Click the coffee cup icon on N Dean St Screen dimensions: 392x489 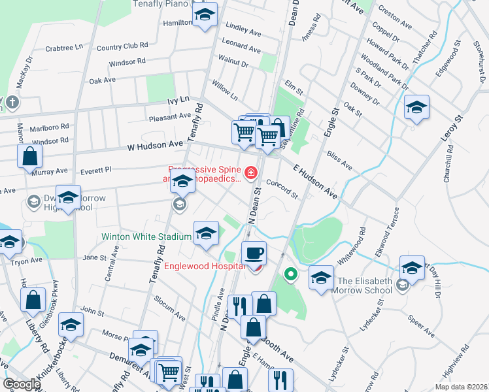point(253,252)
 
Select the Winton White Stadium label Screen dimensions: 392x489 point(145,236)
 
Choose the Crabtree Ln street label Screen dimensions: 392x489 point(64,48)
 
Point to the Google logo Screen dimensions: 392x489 point(22,384)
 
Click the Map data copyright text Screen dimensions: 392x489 point(460,387)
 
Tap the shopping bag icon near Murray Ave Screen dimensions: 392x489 point(30,157)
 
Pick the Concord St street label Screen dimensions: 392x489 point(282,190)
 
